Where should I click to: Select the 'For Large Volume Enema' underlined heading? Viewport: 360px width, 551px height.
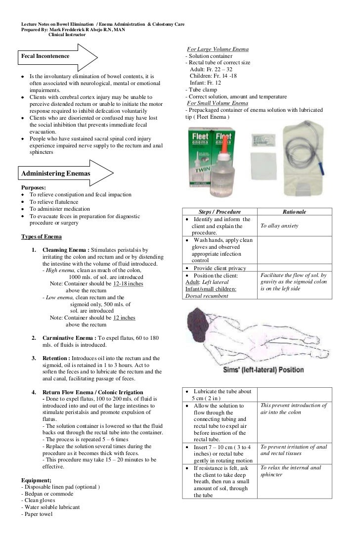pos(218,49)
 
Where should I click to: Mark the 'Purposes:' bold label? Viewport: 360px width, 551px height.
pos(34,188)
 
